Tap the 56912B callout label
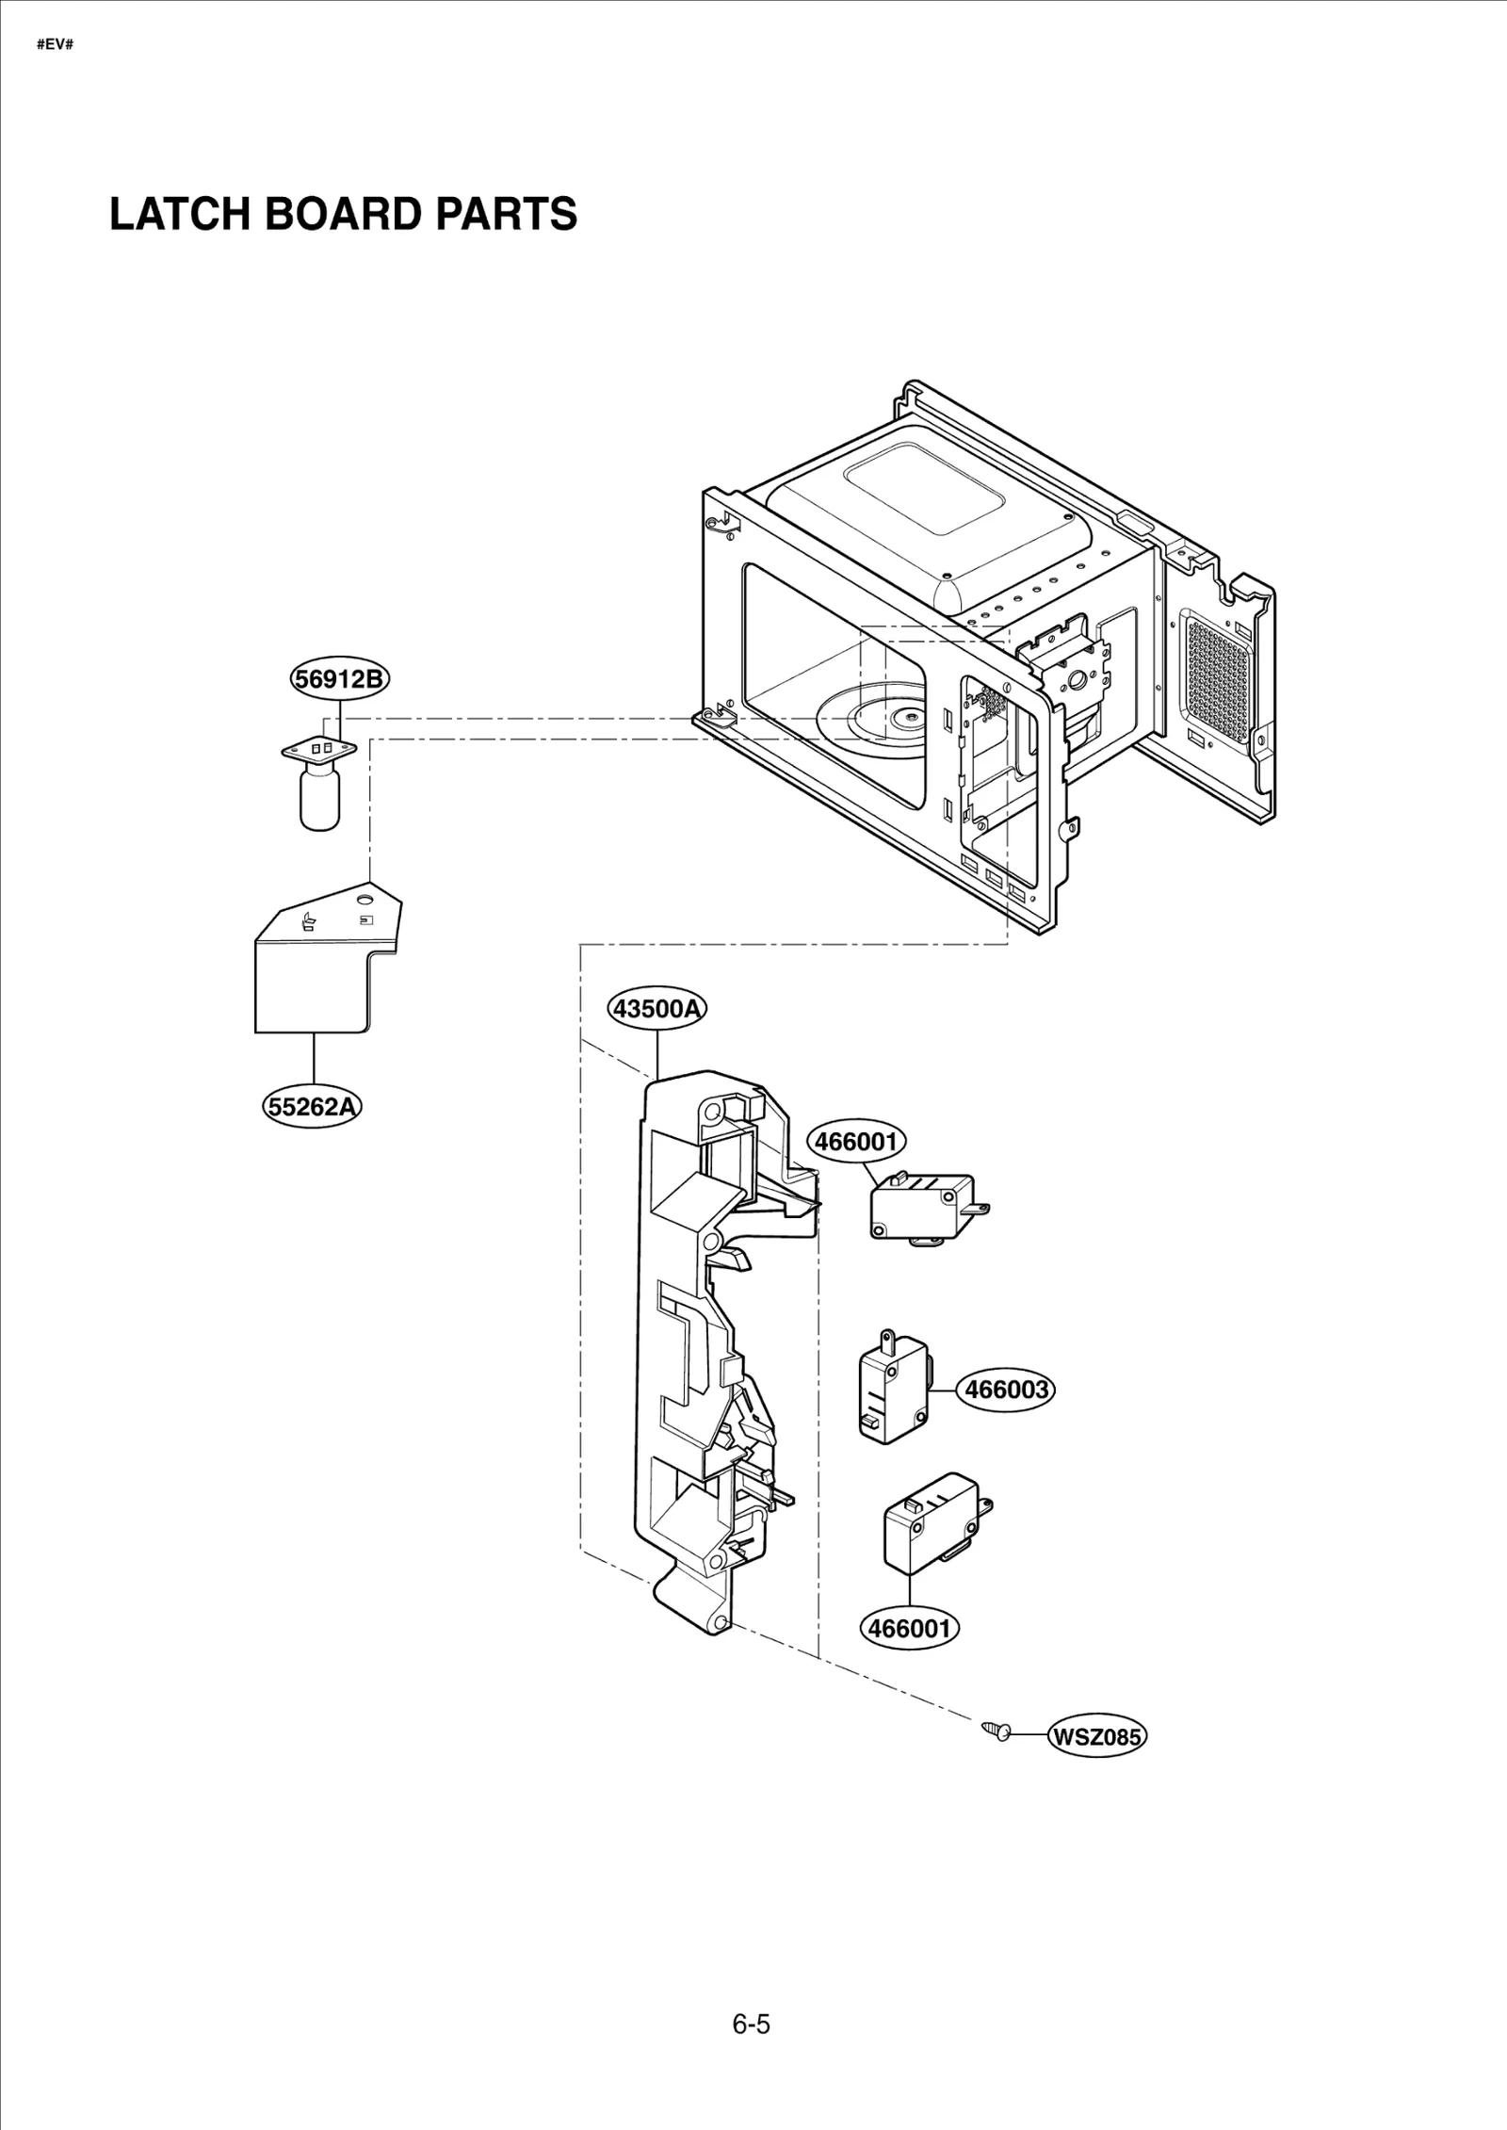click(x=339, y=679)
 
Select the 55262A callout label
click(x=312, y=1106)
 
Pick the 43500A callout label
click(x=656, y=1009)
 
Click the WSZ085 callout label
click(x=1096, y=1736)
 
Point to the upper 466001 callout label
click(x=856, y=1142)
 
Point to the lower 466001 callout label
click(x=909, y=1628)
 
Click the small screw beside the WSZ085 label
click(x=996, y=1729)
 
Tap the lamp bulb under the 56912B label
click(x=319, y=797)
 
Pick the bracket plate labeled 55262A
click(x=316, y=980)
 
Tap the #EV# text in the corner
click(x=55, y=44)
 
